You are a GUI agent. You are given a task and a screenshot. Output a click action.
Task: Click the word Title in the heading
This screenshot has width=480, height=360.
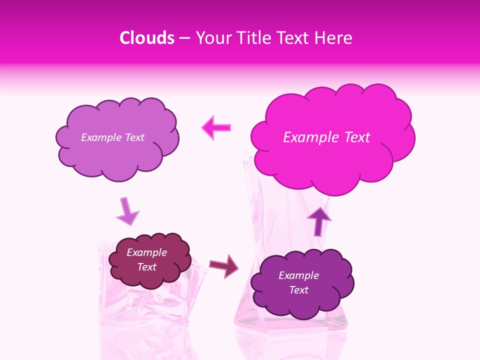tap(250, 38)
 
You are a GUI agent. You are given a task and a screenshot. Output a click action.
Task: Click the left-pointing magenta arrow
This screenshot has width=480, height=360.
tap(216, 127)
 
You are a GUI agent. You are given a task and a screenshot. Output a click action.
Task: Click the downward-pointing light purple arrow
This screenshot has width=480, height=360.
tap(127, 212)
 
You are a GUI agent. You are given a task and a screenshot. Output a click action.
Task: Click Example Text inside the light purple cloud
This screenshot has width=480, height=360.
tap(112, 137)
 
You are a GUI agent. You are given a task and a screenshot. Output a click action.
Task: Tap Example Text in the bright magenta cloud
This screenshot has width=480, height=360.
tap(326, 137)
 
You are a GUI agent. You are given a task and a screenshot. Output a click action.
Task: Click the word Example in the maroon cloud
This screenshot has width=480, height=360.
tap(146, 252)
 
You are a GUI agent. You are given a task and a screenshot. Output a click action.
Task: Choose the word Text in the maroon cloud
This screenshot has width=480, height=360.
tap(146, 267)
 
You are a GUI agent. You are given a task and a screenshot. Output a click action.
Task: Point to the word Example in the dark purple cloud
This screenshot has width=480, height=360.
tap(298, 275)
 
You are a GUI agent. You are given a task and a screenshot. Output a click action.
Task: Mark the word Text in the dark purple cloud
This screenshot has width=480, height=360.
tap(298, 290)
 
